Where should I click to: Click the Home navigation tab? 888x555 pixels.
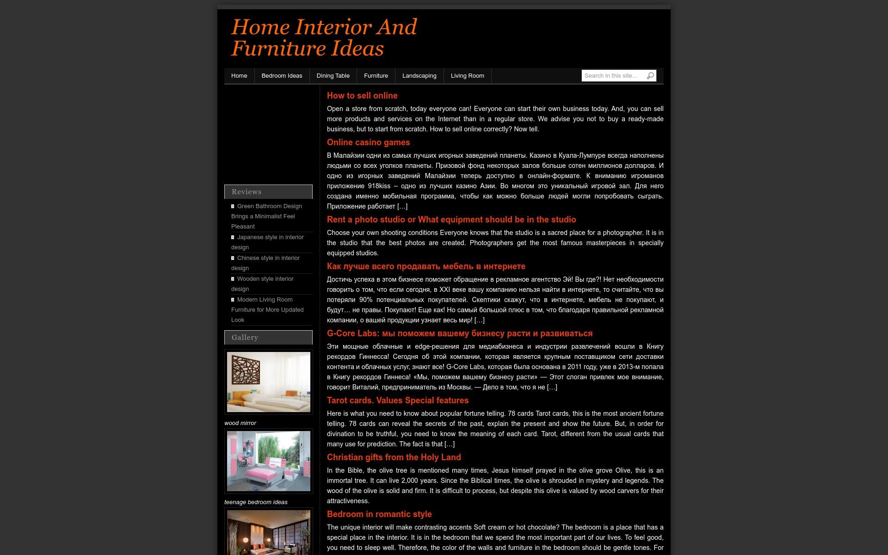(239, 76)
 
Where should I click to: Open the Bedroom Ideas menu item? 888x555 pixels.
(282, 76)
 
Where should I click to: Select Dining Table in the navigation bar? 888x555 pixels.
(333, 76)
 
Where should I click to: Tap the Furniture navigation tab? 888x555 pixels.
(376, 76)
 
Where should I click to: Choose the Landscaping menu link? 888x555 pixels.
(419, 76)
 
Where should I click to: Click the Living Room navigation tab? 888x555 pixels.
(467, 76)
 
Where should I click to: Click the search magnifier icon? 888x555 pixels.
(650, 76)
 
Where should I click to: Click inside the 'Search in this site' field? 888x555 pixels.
(612, 76)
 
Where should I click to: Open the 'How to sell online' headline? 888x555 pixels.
(362, 96)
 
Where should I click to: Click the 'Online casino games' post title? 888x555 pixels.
(368, 142)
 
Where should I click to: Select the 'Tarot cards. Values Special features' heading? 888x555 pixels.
(397, 401)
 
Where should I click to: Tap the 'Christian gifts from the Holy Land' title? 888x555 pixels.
(394, 457)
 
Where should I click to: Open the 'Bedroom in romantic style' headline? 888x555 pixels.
(379, 514)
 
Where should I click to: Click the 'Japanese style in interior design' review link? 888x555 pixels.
(270, 237)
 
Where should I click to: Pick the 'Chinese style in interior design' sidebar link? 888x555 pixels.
(268, 258)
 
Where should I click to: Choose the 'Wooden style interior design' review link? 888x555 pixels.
(265, 279)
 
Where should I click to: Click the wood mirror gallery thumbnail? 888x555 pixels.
(269, 382)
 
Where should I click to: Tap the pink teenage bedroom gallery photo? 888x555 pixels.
(269, 461)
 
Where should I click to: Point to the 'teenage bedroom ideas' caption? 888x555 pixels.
(256, 502)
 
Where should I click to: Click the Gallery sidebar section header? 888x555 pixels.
(268, 338)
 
